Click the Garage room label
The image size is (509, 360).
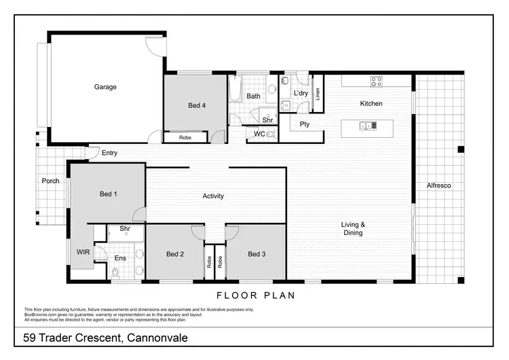click(105, 87)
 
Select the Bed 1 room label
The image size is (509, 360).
click(109, 194)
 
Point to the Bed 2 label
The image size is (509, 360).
click(175, 254)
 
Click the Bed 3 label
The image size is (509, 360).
click(257, 254)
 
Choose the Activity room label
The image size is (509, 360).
click(213, 196)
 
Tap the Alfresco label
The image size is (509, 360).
click(438, 185)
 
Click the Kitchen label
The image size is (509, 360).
click(371, 104)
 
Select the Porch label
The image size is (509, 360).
click(50, 181)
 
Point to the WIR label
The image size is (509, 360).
click(83, 252)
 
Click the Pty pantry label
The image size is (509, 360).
click(305, 124)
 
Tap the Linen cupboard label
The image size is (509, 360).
click(317, 94)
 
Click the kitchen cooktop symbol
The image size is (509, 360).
click(376, 82)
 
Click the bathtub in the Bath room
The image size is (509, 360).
click(235, 89)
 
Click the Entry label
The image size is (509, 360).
click(109, 154)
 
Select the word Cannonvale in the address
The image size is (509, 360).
click(155, 338)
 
